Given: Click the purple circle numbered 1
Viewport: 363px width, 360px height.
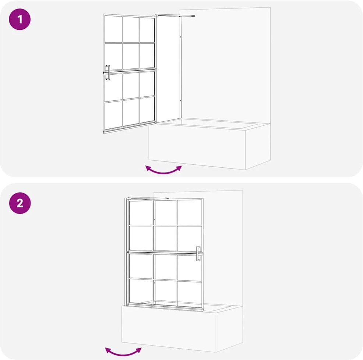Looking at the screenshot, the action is (20, 19).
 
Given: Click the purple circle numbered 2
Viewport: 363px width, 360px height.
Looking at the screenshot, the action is (20, 203).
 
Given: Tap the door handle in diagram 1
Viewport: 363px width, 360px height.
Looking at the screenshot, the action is (108, 72).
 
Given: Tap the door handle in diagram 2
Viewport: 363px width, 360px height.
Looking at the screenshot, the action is (198, 254).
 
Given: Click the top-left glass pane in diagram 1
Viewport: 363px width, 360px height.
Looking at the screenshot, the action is (113, 29).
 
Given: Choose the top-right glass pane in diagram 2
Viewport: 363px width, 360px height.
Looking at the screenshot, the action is (189, 213).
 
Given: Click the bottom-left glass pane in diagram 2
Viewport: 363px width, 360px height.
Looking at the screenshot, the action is (141, 292).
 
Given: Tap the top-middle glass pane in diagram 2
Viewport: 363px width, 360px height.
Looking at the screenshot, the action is (165, 213).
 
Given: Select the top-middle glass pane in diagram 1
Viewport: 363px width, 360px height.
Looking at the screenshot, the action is (131, 29).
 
